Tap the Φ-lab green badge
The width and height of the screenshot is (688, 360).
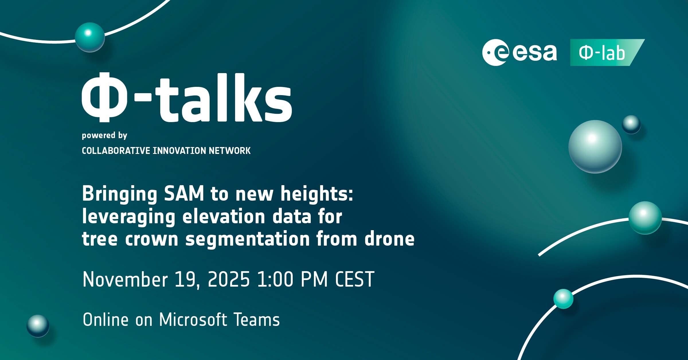coord(607,52)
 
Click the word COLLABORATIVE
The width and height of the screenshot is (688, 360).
coord(116,150)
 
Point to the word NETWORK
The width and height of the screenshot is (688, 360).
coord(230,150)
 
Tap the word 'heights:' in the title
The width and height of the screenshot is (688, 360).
coord(317,194)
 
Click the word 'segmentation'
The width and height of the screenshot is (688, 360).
coord(247,239)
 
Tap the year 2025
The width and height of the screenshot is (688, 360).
coord(229,279)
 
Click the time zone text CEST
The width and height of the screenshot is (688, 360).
coord(355,279)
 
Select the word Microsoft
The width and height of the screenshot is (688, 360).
coord(193,320)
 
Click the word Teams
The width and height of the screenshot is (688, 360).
coord(257,320)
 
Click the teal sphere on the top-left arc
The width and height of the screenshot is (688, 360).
coord(90,37)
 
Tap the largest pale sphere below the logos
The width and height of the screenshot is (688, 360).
coord(595,146)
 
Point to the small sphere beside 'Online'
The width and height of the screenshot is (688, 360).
coord(38,326)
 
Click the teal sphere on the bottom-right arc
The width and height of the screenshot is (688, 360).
coord(563,299)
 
